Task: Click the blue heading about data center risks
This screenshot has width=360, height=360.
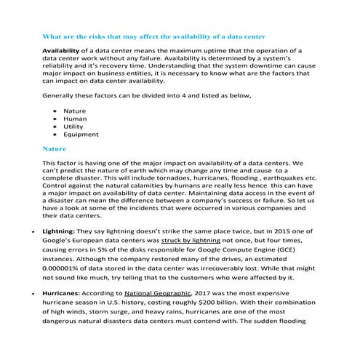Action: (x=154, y=36)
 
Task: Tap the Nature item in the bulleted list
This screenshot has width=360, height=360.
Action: (x=75, y=111)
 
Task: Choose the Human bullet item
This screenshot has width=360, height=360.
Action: (x=76, y=119)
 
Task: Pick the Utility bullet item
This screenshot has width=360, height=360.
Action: (x=74, y=127)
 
